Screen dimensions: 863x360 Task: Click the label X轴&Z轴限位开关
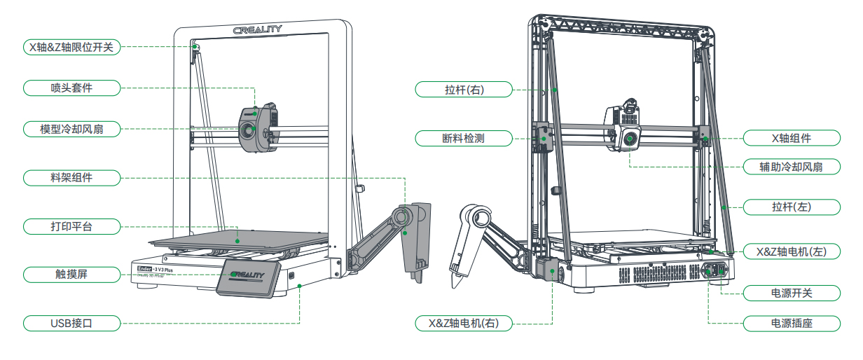click(71, 48)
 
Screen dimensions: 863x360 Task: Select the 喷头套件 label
click(71, 88)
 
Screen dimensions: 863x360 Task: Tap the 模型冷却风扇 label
click(71, 129)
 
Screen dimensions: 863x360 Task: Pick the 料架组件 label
click(71, 178)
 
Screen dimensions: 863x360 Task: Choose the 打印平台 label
click(71, 226)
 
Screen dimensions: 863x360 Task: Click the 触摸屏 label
click(71, 275)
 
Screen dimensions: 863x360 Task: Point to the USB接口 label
click(71, 323)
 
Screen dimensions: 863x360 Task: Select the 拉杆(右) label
click(464, 90)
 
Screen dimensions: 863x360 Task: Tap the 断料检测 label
click(464, 138)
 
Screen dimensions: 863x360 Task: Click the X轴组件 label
click(792, 138)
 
